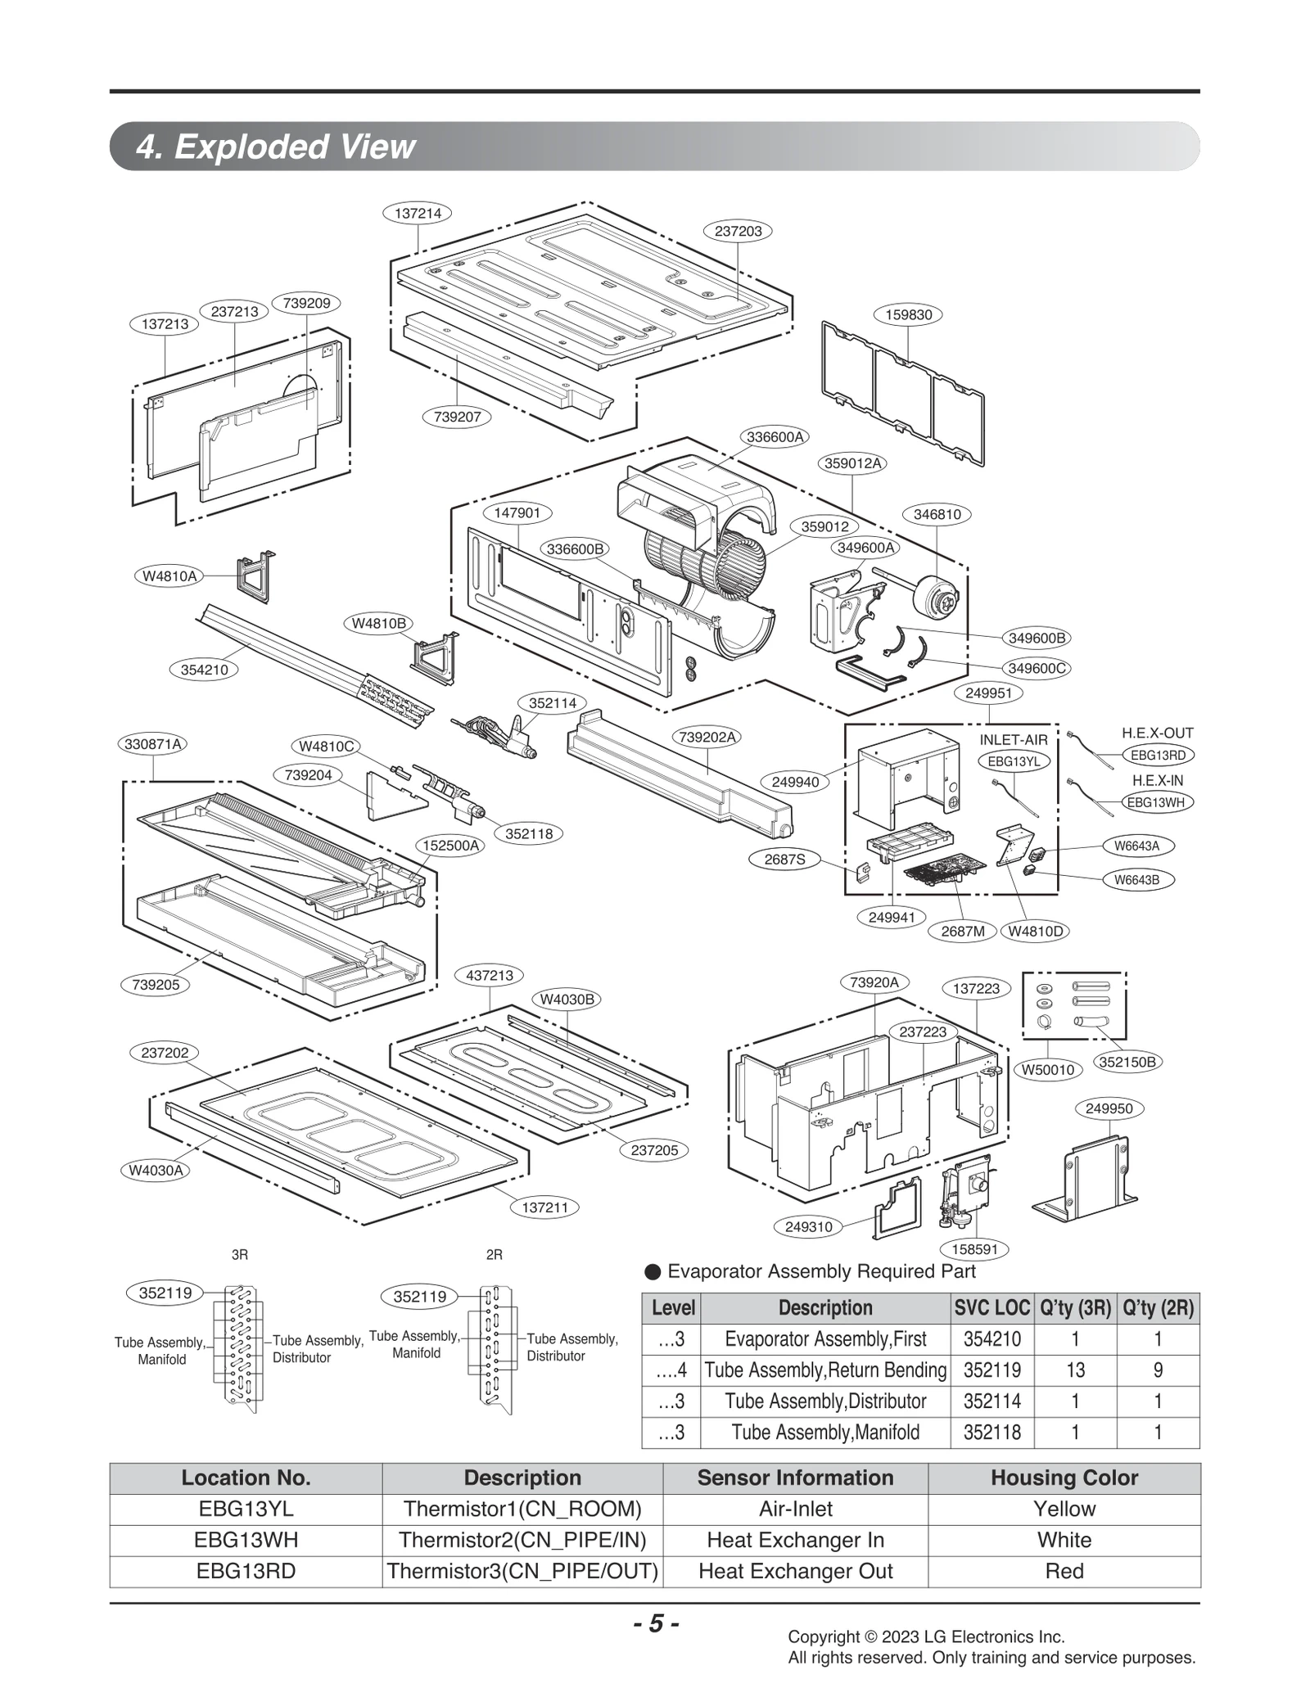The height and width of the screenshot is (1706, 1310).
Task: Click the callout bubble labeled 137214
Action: [418, 213]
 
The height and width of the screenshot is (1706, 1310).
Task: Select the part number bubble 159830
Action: [908, 314]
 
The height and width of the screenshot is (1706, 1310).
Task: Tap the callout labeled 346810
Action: [937, 514]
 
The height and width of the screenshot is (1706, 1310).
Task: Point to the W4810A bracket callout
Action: [169, 575]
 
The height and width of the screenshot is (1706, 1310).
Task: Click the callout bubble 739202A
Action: [707, 737]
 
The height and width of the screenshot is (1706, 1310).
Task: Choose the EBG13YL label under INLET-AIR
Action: [1014, 761]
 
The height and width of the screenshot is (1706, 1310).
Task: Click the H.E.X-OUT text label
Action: [1157, 733]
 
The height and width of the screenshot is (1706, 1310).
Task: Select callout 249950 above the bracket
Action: [1109, 1108]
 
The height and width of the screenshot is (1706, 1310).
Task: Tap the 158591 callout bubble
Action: [973, 1249]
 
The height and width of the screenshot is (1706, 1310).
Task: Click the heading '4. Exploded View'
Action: [276, 147]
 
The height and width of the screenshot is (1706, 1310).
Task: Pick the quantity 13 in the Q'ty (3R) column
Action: [1074, 1370]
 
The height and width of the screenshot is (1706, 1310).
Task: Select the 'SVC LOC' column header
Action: [992, 1307]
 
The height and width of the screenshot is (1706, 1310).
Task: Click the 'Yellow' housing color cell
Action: [1064, 1509]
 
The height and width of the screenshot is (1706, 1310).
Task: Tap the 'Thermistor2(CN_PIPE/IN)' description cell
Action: [522, 1540]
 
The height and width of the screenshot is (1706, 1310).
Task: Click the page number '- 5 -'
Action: [656, 1623]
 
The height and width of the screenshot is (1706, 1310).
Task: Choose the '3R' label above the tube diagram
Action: [239, 1254]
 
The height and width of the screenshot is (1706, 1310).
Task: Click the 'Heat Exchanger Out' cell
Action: [795, 1571]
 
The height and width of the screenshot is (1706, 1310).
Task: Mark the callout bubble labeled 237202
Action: [165, 1053]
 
